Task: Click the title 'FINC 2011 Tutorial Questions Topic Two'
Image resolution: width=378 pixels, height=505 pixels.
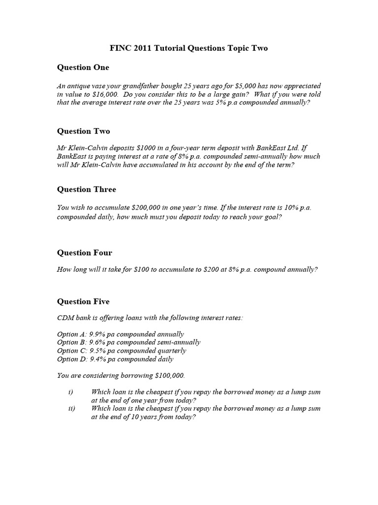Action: pos(189,48)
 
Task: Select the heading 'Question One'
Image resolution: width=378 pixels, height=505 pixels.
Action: pos(83,67)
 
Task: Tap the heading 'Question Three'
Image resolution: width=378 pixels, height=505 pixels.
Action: pos(87,189)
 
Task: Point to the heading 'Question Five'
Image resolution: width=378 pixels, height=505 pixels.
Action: pos(83,301)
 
